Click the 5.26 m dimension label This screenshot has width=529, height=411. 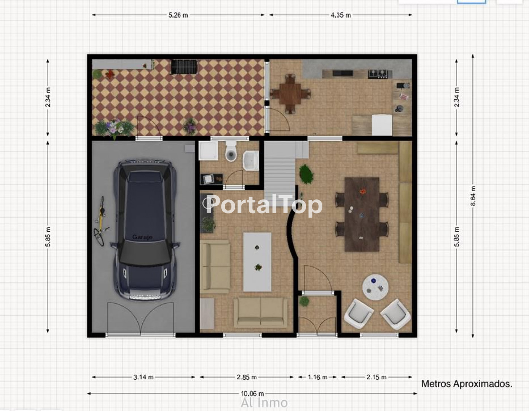click(178, 15)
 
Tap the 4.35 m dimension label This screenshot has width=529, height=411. click(341, 15)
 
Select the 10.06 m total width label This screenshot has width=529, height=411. click(252, 393)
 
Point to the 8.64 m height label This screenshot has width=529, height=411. click(473, 196)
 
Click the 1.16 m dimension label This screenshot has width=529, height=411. click(317, 377)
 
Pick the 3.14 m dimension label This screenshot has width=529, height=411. click(143, 377)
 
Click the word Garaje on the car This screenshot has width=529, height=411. click(142, 237)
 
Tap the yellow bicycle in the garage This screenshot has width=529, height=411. click(101, 221)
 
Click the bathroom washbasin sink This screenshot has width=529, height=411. click(251, 160)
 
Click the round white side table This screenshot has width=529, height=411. click(375, 287)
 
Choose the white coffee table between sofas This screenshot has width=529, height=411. click(257, 262)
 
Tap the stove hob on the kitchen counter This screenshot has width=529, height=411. click(378, 74)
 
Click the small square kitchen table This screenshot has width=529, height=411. click(290, 94)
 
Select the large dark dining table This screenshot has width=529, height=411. click(362, 214)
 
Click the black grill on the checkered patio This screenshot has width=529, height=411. click(184, 67)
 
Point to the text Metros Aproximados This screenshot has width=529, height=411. click(467, 384)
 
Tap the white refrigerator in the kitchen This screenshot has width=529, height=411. click(382, 125)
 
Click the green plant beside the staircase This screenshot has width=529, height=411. click(306, 174)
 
